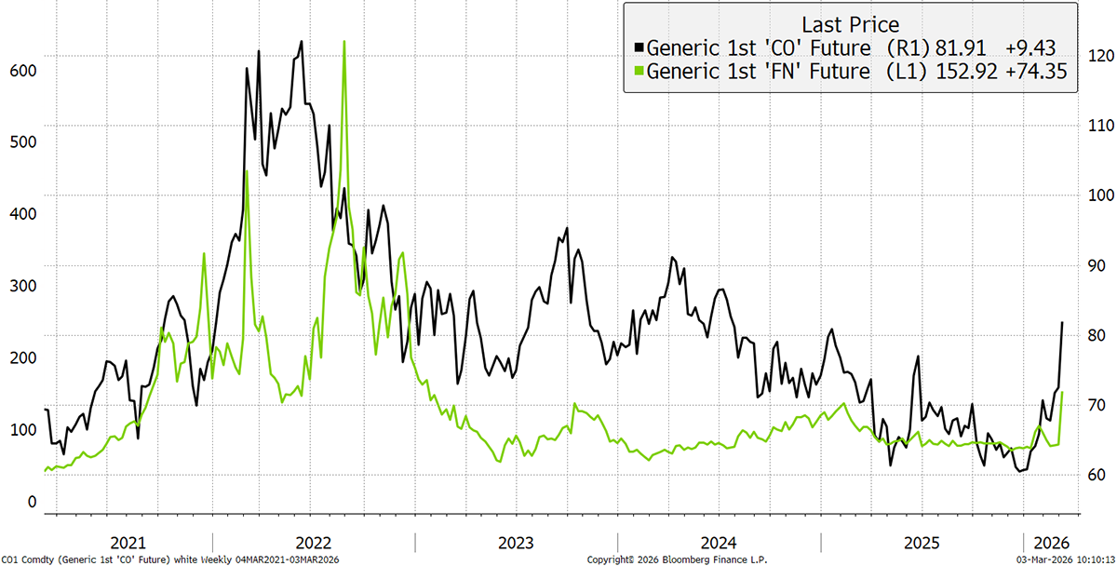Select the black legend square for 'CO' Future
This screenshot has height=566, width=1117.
coord(638,47)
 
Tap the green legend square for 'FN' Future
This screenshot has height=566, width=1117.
coord(638,71)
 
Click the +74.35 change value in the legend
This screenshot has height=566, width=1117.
coord(1036,71)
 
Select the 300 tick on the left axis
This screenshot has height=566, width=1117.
coord(24,286)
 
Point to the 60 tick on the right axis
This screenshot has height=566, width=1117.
coord(1095,475)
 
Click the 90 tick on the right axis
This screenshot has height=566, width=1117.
coord(1095,265)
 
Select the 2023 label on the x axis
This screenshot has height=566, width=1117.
coord(516,543)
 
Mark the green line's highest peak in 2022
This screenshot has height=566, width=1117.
coord(344,42)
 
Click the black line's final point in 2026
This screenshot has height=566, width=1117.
coord(1063,322)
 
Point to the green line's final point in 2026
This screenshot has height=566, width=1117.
coord(1063,393)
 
